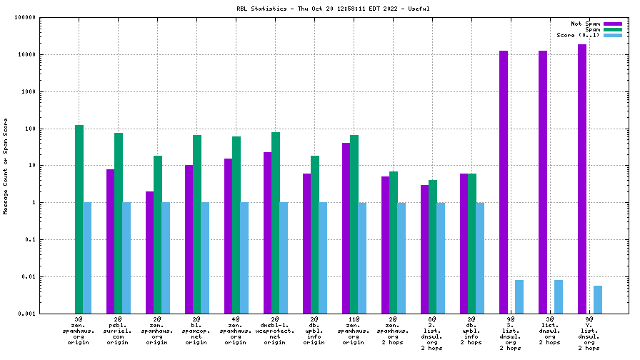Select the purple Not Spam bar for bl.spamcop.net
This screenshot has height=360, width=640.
click(189, 239)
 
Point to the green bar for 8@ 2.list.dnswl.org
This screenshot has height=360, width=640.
click(433, 246)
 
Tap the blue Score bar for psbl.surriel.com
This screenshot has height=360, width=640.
click(126, 258)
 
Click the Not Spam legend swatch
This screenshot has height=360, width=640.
click(613, 24)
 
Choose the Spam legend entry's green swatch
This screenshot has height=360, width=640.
click(613, 29)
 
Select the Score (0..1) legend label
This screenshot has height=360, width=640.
click(578, 35)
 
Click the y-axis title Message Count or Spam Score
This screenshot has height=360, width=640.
click(6, 166)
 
